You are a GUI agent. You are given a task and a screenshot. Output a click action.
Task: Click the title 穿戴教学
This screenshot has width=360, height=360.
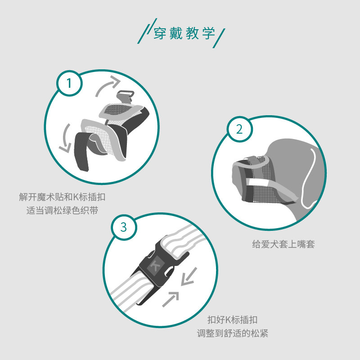tap(184, 33)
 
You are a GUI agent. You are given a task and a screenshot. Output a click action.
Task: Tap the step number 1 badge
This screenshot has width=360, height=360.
tap(69, 83)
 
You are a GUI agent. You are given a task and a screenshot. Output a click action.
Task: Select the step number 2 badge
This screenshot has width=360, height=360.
tap(239, 129)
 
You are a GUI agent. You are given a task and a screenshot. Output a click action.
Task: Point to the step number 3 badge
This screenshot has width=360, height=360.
tap(124, 227)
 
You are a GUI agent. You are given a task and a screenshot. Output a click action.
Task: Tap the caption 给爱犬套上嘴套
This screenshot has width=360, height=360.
tap(283, 244)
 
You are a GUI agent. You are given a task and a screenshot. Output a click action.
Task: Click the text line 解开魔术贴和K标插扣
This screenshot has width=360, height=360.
tap(62, 197)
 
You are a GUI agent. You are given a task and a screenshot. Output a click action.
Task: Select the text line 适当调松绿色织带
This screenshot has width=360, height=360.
tap(62, 211)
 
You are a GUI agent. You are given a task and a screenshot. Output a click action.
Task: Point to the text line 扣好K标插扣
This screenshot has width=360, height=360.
tap(232, 319)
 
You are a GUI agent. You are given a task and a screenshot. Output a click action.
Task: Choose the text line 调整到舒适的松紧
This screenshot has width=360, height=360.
tap(232, 333)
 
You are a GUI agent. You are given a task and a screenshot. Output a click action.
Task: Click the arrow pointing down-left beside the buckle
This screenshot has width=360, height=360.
tap(189, 277)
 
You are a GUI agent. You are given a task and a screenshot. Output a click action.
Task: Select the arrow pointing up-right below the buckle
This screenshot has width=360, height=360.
tap(171, 299)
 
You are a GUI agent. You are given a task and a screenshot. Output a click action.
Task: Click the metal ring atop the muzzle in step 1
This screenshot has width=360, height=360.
tap(126, 96)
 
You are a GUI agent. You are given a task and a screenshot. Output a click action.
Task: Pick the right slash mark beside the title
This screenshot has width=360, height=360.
tap(219, 38)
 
